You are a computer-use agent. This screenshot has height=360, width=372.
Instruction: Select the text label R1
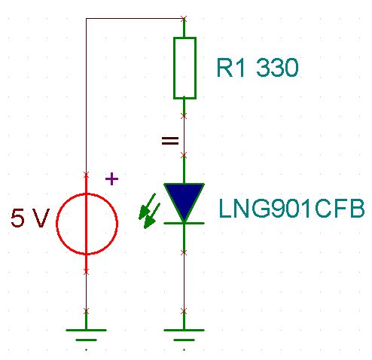230,68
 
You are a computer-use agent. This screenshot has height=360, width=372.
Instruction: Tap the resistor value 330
277,68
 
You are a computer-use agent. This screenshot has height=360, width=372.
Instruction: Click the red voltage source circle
56,224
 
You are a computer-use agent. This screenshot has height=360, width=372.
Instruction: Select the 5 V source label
29,218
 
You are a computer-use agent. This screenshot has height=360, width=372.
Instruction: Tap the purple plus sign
111,178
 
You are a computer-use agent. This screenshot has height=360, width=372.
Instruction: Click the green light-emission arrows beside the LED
150,211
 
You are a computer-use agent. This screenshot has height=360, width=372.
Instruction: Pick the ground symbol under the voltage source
86,335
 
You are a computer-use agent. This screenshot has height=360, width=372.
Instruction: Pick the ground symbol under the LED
184,335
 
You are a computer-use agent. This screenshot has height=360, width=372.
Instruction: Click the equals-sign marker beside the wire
170,141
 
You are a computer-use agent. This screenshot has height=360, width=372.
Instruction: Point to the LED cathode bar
184,223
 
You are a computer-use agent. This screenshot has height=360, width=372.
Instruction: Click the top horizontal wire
135,18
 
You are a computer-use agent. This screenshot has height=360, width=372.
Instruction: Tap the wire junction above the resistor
184,18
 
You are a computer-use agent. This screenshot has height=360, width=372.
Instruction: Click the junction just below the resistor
184,116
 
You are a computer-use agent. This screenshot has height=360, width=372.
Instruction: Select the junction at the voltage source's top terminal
86,174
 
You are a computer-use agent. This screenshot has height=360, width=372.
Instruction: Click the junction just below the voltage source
86,271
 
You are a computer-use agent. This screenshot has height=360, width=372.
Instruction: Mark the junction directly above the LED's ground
184,312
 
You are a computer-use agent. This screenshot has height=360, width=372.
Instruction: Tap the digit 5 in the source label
17,218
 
